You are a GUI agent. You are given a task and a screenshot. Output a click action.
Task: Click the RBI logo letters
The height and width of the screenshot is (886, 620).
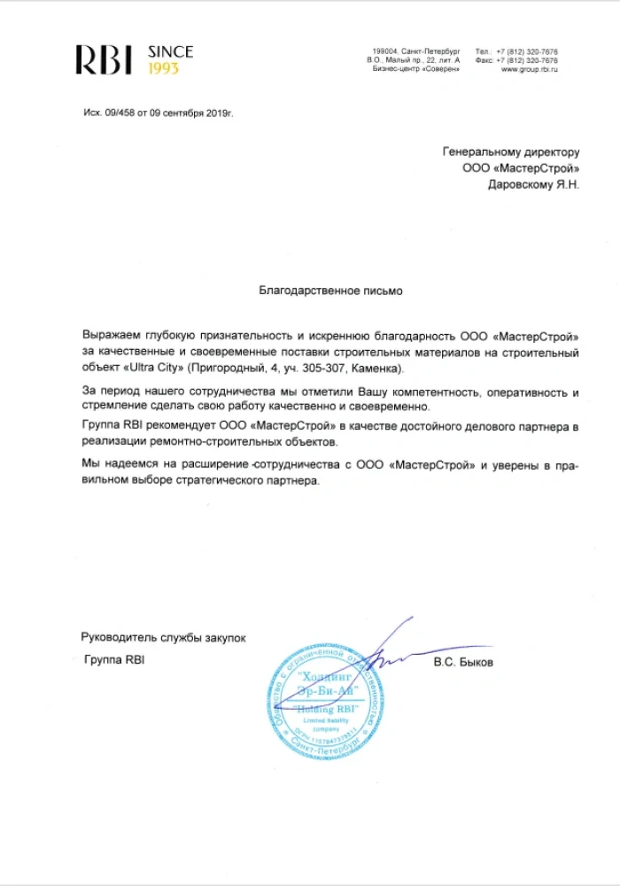(x=105, y=60)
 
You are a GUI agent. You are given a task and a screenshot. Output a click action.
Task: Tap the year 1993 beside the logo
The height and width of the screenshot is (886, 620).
(x=163, y=68)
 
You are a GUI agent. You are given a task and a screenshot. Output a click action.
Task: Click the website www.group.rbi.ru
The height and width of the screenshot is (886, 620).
(x=529, y=69)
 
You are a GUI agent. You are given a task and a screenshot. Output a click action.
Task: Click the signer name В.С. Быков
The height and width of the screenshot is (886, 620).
(x=463, y=663)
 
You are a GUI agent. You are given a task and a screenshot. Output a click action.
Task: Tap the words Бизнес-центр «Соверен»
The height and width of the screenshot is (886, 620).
(x=416, y=69)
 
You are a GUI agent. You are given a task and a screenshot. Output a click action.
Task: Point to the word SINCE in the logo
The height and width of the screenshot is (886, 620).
(x=170, y=52)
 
